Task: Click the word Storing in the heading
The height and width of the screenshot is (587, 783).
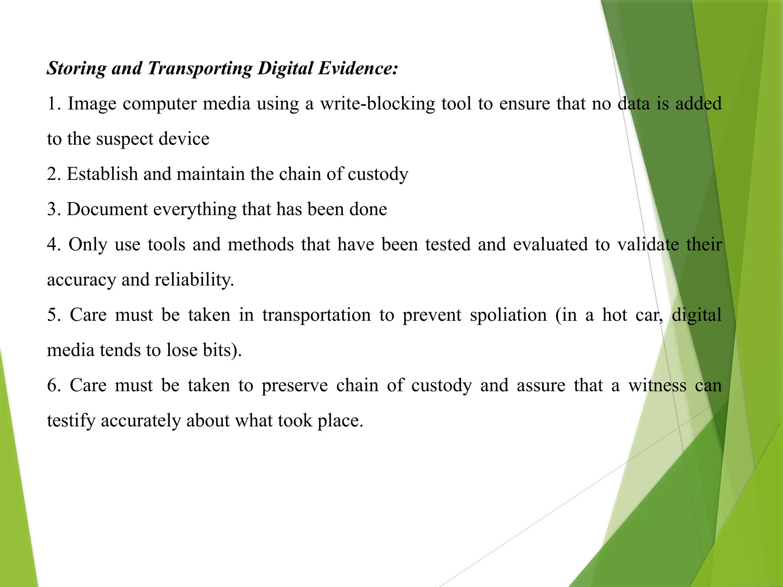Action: (x=76, y=69)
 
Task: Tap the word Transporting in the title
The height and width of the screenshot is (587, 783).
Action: (x=200, y=69)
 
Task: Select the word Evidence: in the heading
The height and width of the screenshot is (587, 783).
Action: (x=358, y=69)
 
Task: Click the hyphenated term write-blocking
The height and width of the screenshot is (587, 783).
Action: (x=377, y=104)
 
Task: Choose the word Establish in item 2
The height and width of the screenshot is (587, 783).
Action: (x=102, y=174)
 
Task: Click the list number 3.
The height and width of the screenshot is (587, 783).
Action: (x=52, y=209)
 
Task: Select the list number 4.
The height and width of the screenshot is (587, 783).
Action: (x=52, y=245)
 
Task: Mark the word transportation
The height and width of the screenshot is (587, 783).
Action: (x=316, y=315)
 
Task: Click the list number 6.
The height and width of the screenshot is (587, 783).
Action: (x=52, y=386)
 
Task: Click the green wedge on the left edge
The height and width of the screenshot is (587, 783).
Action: (x=15, y=478)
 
